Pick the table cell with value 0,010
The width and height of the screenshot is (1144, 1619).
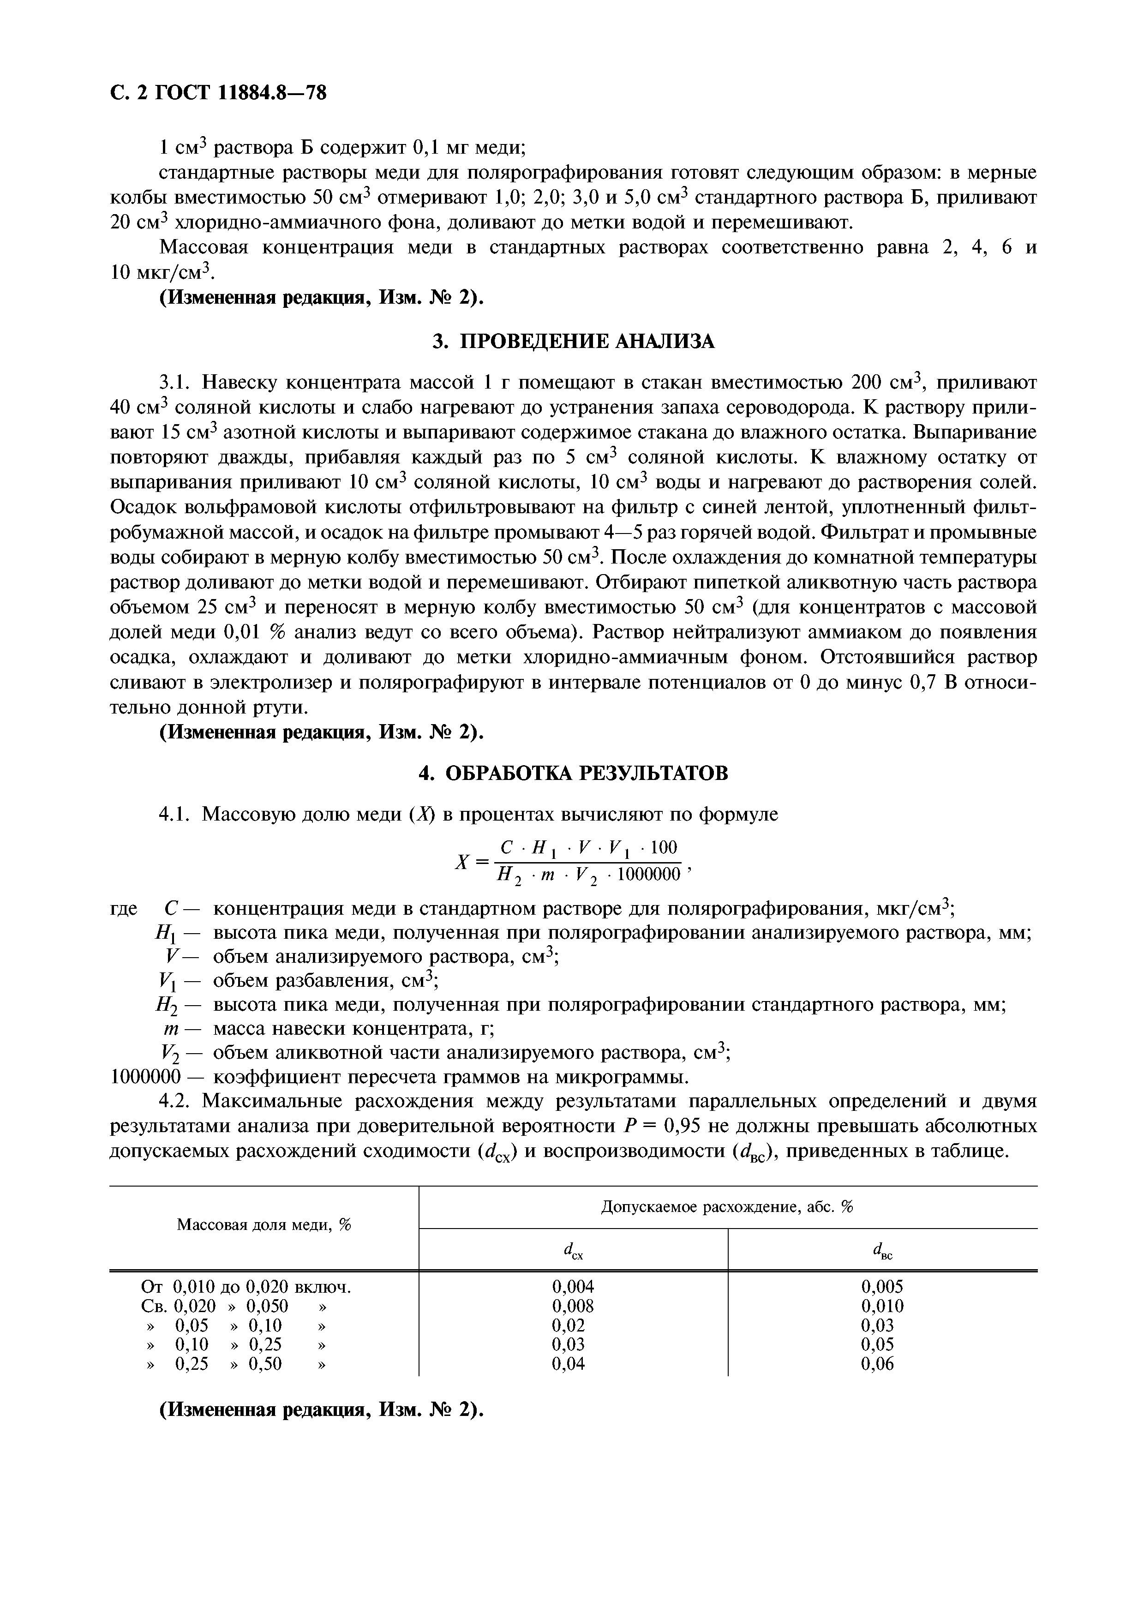[882, 1306]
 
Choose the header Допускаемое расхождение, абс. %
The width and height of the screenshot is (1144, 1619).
[727, 1207]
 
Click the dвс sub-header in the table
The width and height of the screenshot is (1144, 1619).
[882, 1250]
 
